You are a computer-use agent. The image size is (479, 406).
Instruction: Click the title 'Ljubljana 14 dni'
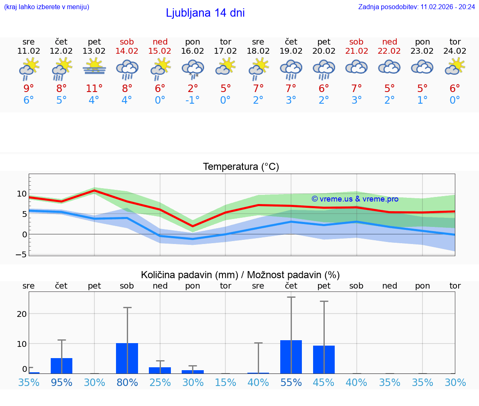click(x=205, y=13)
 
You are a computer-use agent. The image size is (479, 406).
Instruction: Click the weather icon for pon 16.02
click(x=193, y=69)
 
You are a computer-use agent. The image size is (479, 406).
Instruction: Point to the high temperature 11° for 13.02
click(x=94, y=89)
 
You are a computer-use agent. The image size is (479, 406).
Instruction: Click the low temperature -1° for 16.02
click(x=192, y=100)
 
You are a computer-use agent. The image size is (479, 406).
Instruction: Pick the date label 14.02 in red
click(x=127, y=51)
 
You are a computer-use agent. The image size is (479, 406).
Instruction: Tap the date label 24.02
click(x=455, y=51)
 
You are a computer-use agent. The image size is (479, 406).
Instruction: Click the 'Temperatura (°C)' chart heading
click(x=241, y=167)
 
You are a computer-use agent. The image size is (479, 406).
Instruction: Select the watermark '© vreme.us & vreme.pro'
click(x=355, y=199)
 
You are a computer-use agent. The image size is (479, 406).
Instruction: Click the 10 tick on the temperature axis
click(x=22, y=194)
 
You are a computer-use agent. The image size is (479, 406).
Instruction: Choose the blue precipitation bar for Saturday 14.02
click(x=127, y=358)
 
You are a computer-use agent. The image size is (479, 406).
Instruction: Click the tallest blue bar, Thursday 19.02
click(x=291, y=357)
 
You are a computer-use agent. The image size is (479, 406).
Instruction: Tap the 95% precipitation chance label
click(x=62, y=382)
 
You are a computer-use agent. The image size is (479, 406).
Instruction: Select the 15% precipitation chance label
click(x=225, y=382)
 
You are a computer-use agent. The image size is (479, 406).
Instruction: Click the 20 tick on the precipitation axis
click(x=22, y=314)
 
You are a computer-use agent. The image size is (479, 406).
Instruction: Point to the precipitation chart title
click(x=240, y=275)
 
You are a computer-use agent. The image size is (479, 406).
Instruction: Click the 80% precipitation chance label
click(x=127, y=382)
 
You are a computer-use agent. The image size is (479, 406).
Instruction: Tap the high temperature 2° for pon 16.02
click(x=193, y=89)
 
